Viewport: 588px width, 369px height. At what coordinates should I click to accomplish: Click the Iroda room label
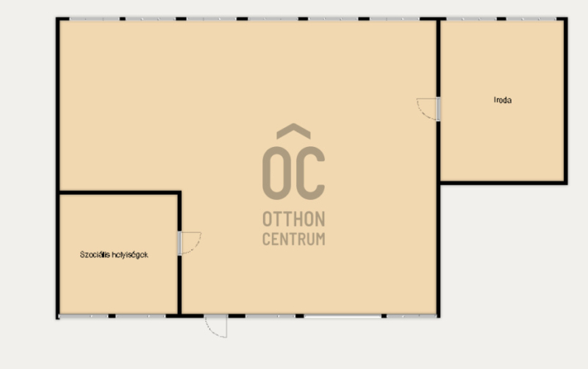[x=503, y=100]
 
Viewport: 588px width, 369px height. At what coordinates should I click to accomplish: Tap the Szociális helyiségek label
[x=114, y=254]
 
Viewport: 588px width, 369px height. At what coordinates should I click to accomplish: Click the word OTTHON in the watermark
[x=293, y=219]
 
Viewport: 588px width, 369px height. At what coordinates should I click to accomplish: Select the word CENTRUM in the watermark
[x=293, y=239]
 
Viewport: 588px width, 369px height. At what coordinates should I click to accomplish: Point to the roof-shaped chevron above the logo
[x=293, y=130]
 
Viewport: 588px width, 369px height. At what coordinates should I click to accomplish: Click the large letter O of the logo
[x=277, y=173]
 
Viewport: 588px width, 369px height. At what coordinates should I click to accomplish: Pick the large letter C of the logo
[x=310, y=173]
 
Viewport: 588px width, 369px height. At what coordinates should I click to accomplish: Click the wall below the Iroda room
[x=503, y=182]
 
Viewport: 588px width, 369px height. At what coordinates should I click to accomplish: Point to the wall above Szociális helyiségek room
[x=119, y=193]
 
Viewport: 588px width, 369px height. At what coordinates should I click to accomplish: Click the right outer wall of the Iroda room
[x=565, y=101]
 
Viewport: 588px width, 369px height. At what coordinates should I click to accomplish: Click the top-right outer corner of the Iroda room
[x=567, y=17]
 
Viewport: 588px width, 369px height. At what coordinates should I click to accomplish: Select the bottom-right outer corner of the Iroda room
[x=567, y=184]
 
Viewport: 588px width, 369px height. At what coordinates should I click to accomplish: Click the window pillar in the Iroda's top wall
[x=501, y=19]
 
